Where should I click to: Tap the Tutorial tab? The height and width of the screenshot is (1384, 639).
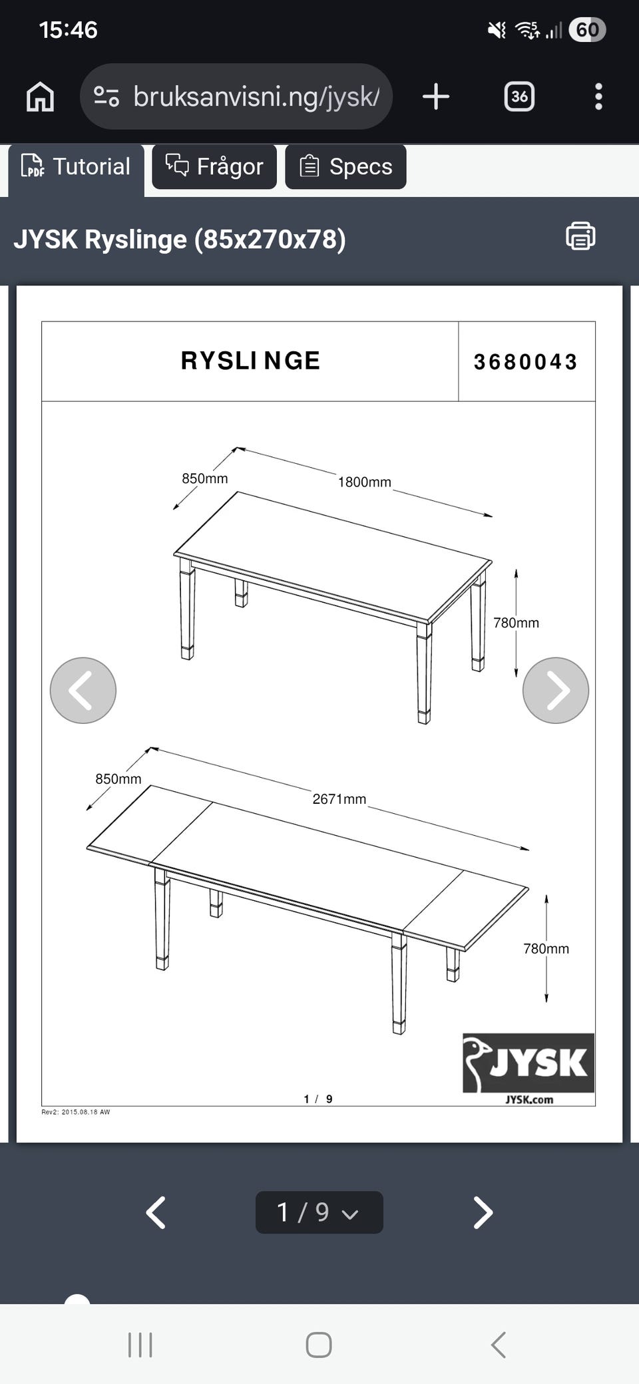[77, 167]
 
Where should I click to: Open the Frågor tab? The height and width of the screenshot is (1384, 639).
[214, 166]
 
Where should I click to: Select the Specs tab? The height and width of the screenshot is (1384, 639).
[345, 166]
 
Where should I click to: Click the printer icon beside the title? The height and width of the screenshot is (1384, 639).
[580, 236]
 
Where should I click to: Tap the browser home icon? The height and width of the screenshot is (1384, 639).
[40, 97]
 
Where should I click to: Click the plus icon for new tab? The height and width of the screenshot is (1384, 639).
[436, 96]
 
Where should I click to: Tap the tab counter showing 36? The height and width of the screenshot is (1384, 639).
[519, 96]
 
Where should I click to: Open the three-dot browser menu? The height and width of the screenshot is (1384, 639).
[598, 96]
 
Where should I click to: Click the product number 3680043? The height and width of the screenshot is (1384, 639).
[525, 362]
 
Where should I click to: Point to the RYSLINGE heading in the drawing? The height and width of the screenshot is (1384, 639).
[250, 361]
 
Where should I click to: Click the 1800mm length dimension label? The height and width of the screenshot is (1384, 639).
[364, 482]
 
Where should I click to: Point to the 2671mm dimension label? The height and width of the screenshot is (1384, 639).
[339, 798]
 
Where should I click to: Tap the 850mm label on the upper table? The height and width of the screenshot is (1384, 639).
[205, 478]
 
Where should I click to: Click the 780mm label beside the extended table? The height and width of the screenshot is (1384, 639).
[546, 949]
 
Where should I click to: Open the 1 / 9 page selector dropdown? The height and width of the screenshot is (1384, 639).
[319, 1212]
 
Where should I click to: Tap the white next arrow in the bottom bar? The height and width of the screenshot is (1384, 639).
[483, 1212]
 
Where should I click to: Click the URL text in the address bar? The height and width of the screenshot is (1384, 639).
[256, 97]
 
